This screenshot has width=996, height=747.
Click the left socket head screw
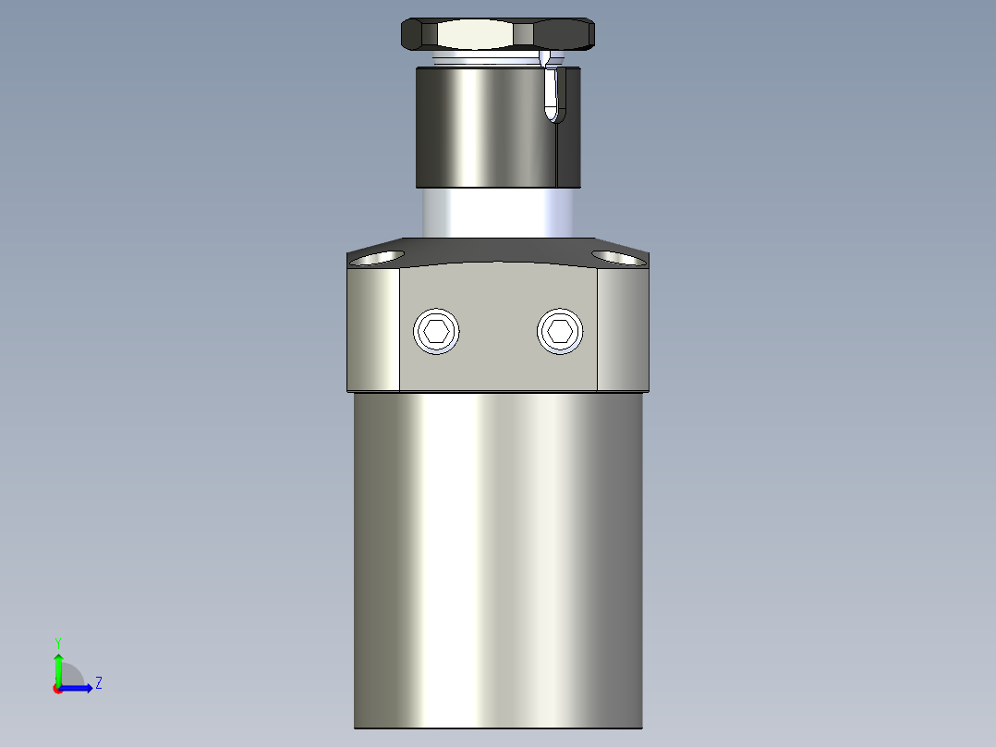(x=437, y=331)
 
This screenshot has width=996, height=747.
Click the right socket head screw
(x=561, y=331)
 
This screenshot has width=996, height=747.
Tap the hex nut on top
(x=497, y=35)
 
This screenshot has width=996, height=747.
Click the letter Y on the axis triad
(x=57, y=642)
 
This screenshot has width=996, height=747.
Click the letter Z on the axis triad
(x=98, y=684)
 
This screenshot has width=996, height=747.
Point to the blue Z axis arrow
(x=78, y=688)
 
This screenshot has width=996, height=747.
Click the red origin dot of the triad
(x=57, y=689)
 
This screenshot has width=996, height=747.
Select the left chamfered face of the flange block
(x=373, y=328)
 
